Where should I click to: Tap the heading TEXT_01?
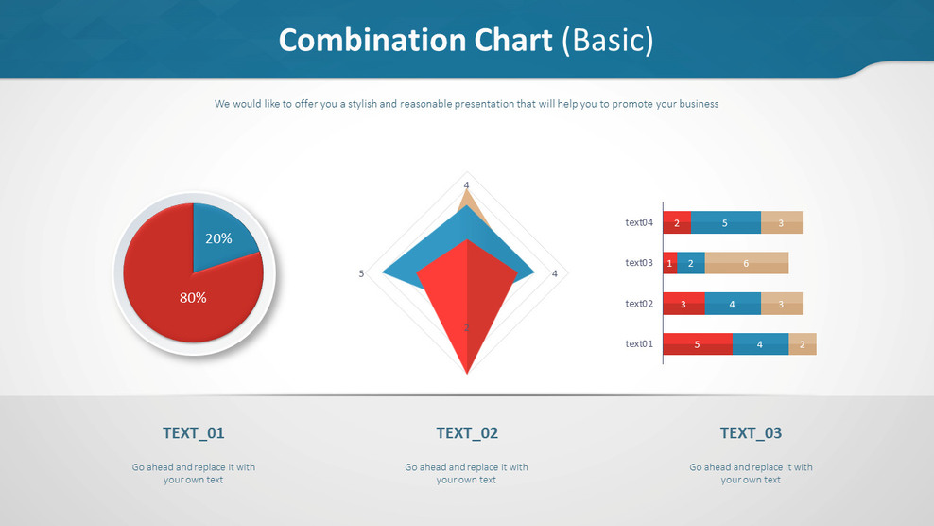[194, 433]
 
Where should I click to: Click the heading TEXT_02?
[467, 433]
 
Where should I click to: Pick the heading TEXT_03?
[751, 433]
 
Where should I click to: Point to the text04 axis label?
[639, 223]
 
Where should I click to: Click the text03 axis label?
[639, 263]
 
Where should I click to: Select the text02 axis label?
[639, 304]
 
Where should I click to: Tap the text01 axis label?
[639, 344]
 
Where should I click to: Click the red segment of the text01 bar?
[698, 344]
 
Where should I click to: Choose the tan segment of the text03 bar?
[746, 263]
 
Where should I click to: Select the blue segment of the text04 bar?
[725, 223]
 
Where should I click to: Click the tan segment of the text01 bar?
[803, 344]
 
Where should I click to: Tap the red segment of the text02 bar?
[683, 304]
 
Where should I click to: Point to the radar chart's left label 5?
[361, 274]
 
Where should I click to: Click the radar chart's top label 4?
[466, 184]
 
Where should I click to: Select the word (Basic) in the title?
[607, 41]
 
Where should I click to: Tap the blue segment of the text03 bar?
[690, 263]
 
